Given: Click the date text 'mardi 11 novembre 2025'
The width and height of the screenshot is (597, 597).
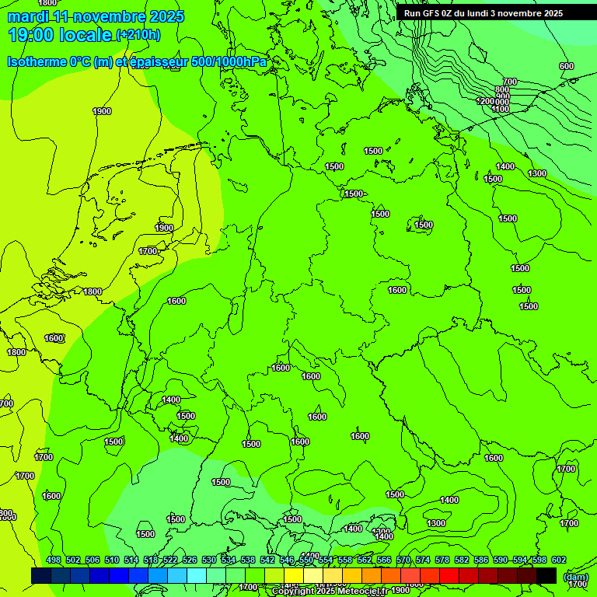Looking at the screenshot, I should tap(96, 16).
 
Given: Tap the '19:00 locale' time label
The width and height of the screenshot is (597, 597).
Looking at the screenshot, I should tap(60, 35).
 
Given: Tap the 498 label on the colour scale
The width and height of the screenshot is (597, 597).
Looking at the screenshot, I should tap(54, 560).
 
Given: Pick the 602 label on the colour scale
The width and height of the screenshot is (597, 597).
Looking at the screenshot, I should tap(559, 560).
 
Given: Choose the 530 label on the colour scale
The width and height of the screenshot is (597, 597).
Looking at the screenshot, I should tap(209, 560).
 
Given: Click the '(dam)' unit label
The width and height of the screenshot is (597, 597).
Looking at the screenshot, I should tap(575, 576).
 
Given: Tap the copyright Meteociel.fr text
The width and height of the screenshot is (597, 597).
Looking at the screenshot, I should tap(328, 592).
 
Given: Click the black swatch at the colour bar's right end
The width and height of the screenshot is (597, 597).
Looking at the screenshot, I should tap(546, 575).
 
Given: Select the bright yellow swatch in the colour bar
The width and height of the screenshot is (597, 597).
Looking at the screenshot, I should tap(294, 575).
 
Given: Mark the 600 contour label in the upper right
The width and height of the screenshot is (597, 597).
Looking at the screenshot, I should tap(567, 66).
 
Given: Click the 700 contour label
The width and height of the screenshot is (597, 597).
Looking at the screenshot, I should tap(510, 82).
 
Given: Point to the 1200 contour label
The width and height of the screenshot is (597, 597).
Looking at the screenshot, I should tap(485, 102).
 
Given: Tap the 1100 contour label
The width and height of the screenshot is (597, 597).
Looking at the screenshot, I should tap(501, 110).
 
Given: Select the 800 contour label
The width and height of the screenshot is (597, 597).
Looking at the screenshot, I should tap(502, 90).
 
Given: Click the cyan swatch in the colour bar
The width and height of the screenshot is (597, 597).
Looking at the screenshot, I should tap(197, 575).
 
